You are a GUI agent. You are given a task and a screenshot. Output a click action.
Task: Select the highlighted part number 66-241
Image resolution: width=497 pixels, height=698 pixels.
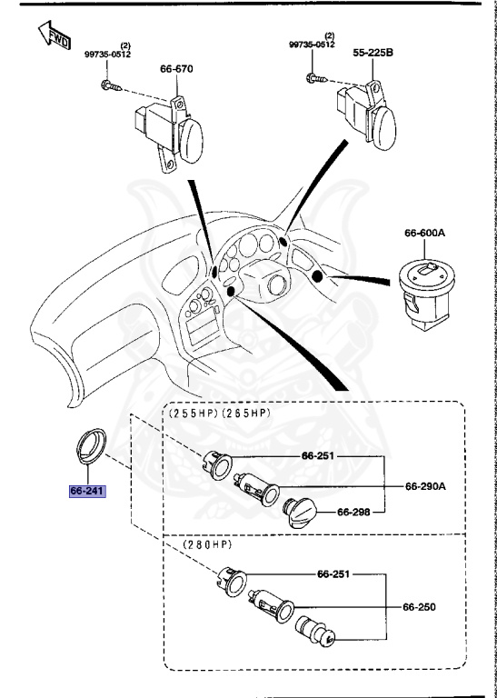(x=88, y=492)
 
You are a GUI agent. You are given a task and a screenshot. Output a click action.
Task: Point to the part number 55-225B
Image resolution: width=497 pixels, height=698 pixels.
(x=373, y=54)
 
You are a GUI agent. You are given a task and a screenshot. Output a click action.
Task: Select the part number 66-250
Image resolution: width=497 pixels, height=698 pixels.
(x=421, y=606)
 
